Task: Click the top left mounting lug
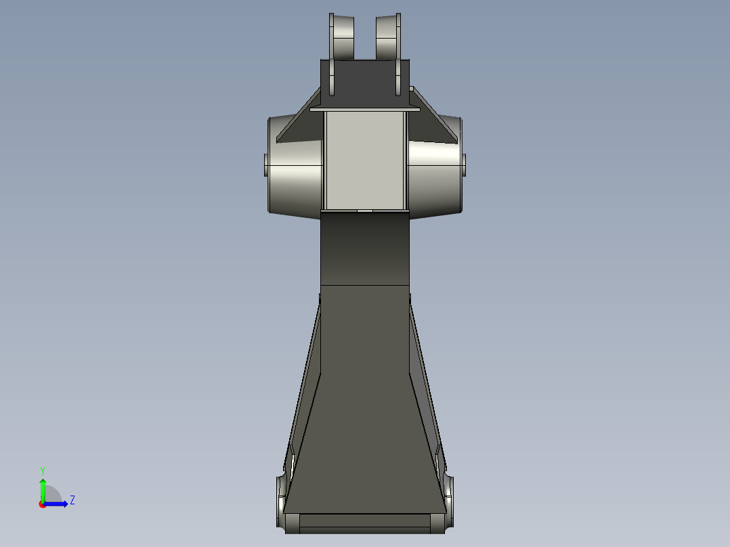click(342, 37)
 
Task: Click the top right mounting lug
click(388, 37)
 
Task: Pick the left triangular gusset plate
click(299, 129)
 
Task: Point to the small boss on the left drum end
click(265, 165)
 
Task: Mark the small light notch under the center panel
click(364, 211)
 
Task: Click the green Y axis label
click(42, 470)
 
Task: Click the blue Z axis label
click(72, 500)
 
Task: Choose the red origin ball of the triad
click(43, 504)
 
